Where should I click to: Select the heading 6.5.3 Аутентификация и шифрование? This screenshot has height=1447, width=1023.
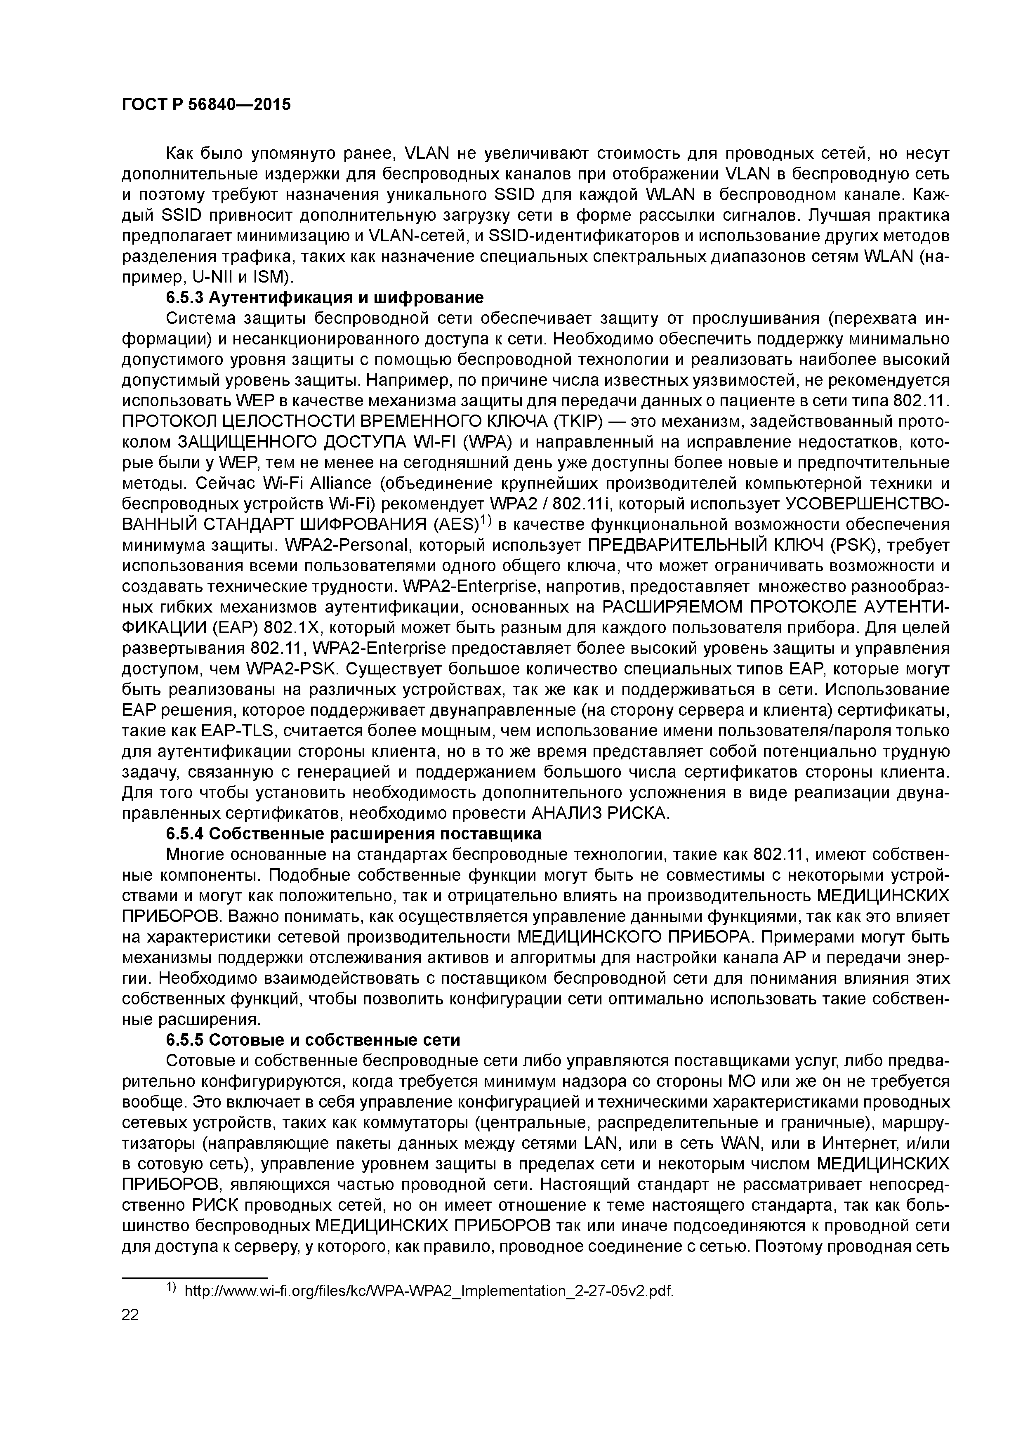pyautogui.click(x=325, y=297)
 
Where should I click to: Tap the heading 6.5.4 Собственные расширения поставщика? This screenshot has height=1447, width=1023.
pyautogui.click(x=354, y=834)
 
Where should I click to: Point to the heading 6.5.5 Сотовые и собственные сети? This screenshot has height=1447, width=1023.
pyautogui.click(x=313, y=1039)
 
